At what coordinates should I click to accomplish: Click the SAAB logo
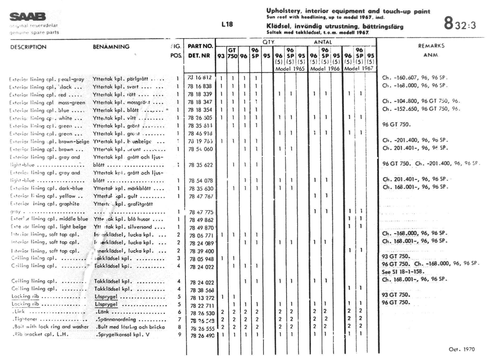coord(28,17)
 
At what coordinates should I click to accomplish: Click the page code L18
coord(227,24)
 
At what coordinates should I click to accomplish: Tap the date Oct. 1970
coord(462,349)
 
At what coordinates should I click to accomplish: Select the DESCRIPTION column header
coord(28,47)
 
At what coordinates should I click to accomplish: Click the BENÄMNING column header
coord(111,47)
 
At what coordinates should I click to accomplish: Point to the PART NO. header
coord(200,46)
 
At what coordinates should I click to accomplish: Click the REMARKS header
coord(431,46)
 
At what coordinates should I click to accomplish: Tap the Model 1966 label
coord(325,69)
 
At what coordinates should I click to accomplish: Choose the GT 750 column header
coord(232,53)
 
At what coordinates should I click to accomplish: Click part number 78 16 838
coord(200,86)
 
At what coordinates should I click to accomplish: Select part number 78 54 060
coord(200,149)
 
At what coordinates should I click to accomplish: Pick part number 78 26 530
coord(202,313)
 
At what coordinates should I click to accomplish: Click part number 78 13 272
coord(202,298)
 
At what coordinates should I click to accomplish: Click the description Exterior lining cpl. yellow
coord(46,196)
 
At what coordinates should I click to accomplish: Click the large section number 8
coord(449,23)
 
